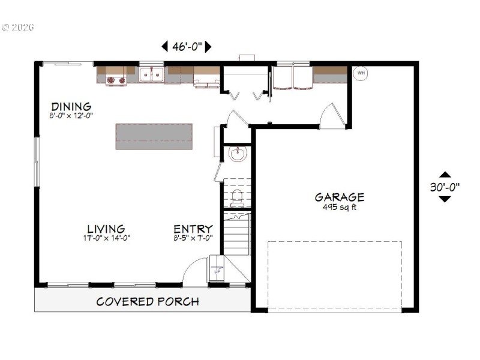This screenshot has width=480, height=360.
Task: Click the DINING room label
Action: (71, 107)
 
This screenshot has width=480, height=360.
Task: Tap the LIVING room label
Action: (106, 229)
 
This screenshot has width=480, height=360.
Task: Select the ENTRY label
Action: (193, 229)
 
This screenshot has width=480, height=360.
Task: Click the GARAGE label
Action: (340, 197)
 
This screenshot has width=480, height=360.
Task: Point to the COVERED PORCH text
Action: (148, 301)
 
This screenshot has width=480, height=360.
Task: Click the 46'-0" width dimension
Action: (187, 46)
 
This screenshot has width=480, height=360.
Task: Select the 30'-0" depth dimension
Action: (445, 187)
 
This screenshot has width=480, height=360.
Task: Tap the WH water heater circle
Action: (361, 74)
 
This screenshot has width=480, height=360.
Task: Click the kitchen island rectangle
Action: (154, 136)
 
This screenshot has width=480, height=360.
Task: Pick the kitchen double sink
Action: (152, 74)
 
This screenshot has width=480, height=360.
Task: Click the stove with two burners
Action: (116, 80)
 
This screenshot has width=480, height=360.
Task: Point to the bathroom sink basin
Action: (238, 154)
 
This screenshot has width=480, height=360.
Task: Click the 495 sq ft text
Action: (340, 208)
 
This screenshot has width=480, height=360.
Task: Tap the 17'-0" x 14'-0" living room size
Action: (106, 238)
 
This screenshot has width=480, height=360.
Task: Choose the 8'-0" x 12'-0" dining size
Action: (71, 115)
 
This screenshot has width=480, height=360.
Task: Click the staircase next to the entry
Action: (237, 234)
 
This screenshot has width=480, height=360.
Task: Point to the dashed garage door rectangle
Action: (334, 275)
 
